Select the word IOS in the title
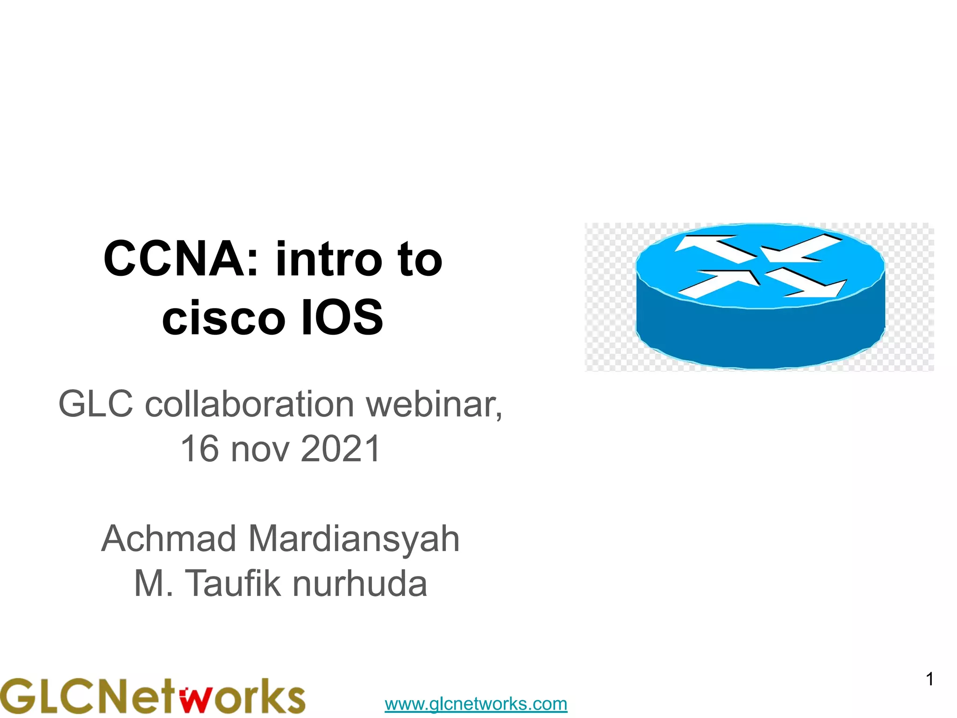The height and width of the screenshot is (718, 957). (x=343, y=318)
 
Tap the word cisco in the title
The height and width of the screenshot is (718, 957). (x=223, y=318)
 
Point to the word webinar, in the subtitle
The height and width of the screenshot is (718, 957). (x=434, y=404)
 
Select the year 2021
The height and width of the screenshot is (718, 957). (x=341, y=449)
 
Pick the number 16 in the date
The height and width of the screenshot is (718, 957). (x=200, y=449)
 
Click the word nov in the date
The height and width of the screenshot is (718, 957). (x=259, y=449)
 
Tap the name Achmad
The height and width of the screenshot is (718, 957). (x=169, y=538)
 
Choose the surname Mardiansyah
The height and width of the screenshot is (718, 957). (x=354, y=538)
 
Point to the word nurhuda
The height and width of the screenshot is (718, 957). (x=360, y=583)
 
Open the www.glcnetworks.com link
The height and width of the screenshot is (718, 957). (x=476, y=704)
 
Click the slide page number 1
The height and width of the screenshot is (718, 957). (x=930, y=679)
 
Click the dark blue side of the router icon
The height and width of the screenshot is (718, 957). (x=760, y=337)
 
